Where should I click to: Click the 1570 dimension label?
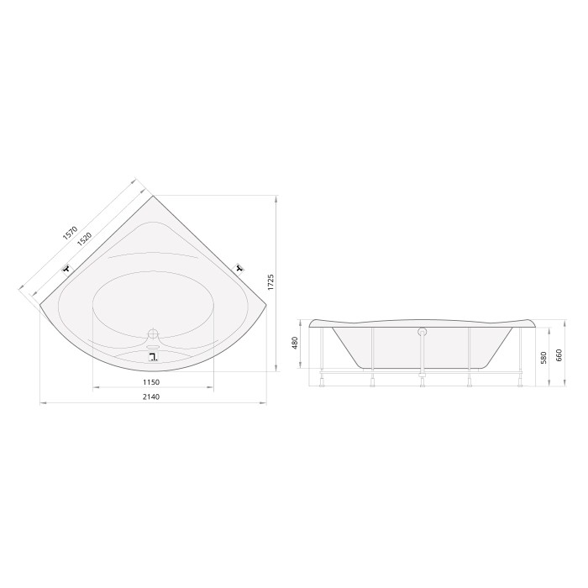pos(70,233)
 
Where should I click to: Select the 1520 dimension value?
pos(84,239)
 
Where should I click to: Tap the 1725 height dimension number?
pos(271,282)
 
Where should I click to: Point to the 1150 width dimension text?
pos(151,382)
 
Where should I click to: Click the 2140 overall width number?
pos(151,396)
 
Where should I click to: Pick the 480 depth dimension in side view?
pos(294,343)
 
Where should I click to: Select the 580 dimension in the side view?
pos(543,357)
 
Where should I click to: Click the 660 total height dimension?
pos(559,355)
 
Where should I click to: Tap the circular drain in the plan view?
pos(154,333)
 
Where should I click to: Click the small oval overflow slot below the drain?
pos(154,347)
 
